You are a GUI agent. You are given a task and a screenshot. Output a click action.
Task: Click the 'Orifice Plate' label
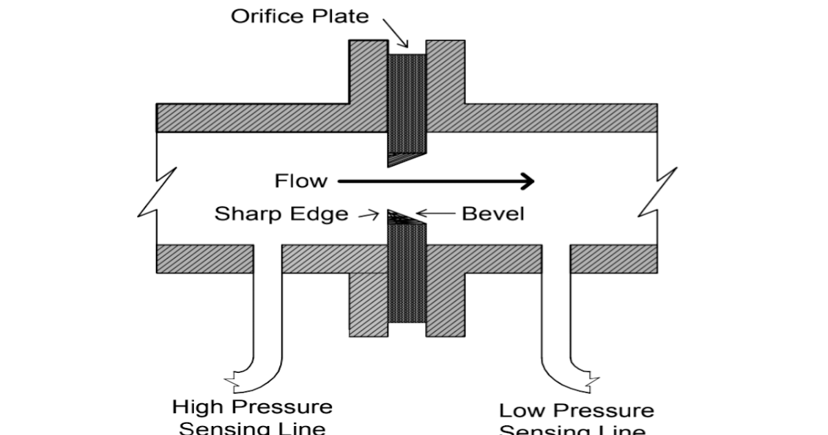pos(299,16)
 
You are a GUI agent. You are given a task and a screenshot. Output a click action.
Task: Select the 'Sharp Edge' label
pos(281,214)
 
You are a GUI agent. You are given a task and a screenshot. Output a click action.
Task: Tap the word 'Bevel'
pos(493,214)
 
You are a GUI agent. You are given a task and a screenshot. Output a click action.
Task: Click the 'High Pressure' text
pos(252,406)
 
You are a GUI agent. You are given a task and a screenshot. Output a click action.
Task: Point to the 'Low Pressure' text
pos(576,411)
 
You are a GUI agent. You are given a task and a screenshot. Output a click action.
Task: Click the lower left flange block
pos(367,304)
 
